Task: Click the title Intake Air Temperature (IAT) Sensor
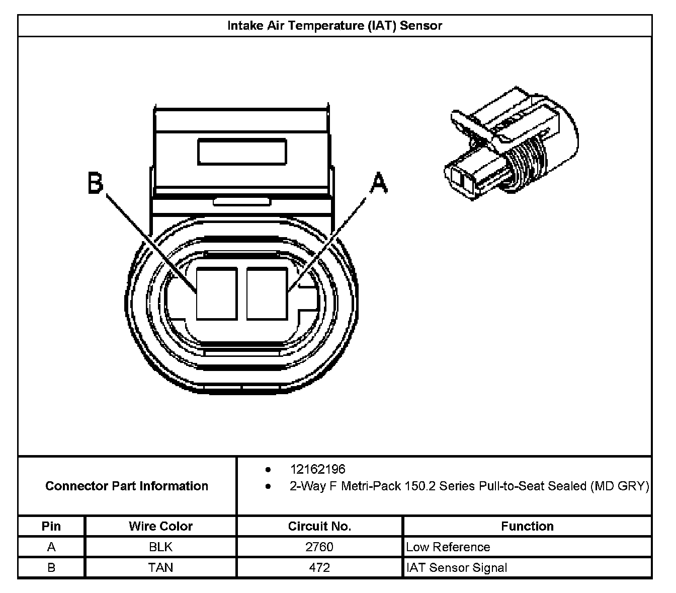334,26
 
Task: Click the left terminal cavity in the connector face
216,293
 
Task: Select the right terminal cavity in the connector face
267,293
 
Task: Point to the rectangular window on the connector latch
242,152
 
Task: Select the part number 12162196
317,469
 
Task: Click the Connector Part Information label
127,486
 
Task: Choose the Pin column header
51,526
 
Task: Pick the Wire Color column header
160,526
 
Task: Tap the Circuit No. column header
319,526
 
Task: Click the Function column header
527,526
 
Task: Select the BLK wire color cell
160,547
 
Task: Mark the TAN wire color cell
160,568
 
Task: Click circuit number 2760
319,547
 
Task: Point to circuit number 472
319,568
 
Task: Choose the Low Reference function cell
448,547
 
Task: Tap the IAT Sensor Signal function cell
456,568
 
